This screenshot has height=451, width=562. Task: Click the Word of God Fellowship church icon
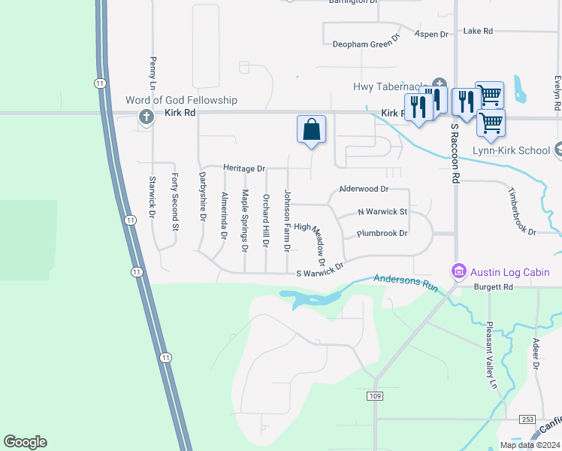(147, 117)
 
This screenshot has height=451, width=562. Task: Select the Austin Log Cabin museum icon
(457, 271)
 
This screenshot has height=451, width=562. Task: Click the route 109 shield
(376, 395)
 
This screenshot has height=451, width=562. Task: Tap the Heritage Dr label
(244, 168)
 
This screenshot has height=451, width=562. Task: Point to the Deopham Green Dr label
(367, 44)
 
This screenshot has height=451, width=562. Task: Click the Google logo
(25, 442)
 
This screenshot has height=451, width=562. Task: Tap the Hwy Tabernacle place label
(391, 86)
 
